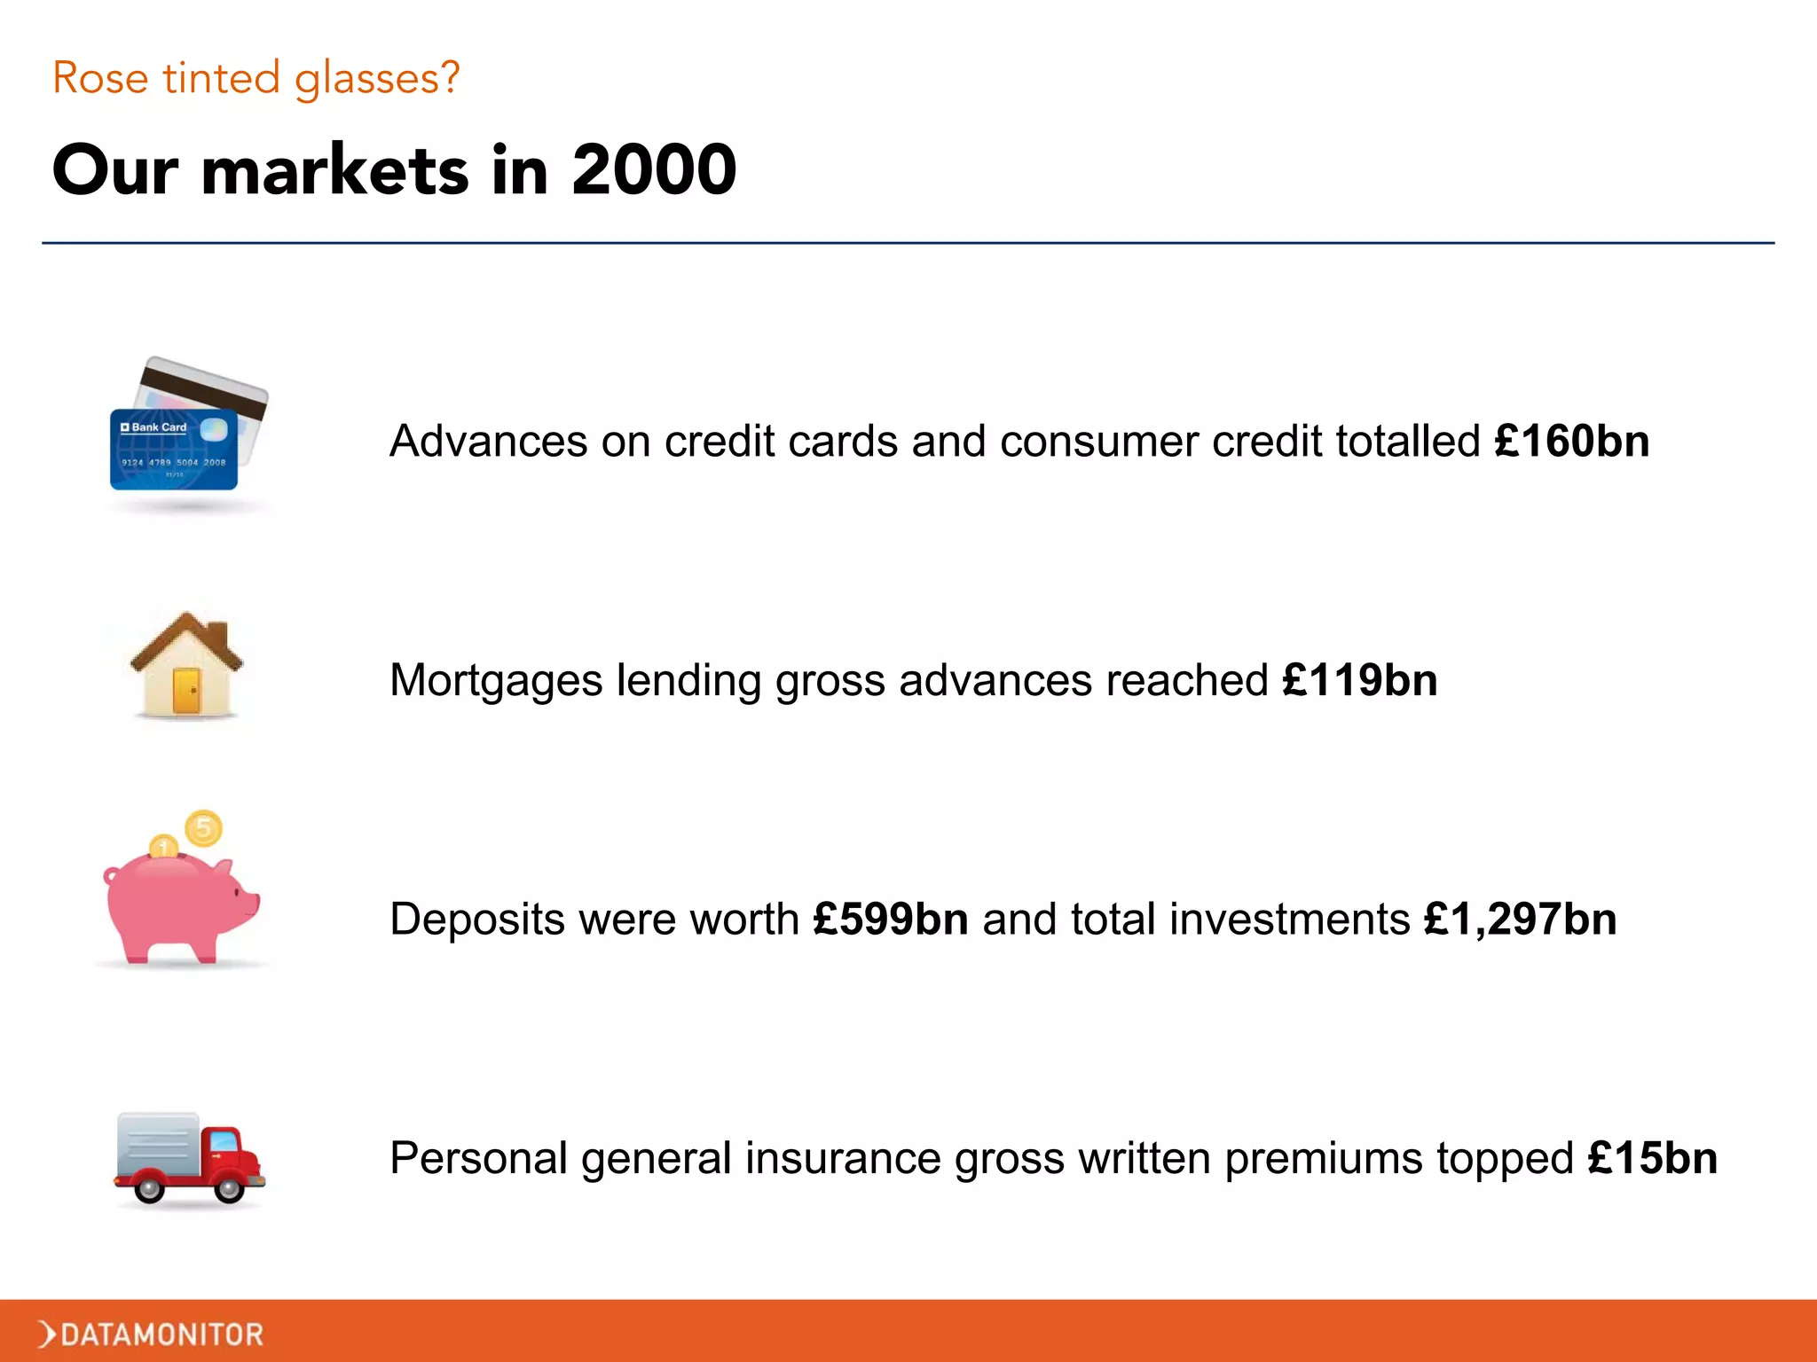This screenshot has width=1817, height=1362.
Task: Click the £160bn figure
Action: pyautogui.click(x=1571, y=441)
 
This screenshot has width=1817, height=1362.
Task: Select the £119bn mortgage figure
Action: pyautogui.click(x=1359, y=680)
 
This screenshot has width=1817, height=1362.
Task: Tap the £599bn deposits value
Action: pyautogui.click(x=890, y=919)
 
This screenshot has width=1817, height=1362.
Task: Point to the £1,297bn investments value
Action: pyautogui.click(x=1520, y=919)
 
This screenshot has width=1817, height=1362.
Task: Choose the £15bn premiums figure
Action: pyautogui.click(x=1652, y=1158)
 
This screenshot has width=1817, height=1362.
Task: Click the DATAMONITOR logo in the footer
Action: pyautogui.click(x=151, y=1334)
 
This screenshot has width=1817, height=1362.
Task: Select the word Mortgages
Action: pyautogui.click(x=496, y=681)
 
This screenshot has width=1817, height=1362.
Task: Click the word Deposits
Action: pyautogui.click(x=476, y=919)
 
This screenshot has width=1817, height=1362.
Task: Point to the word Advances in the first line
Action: pyautogui.click(x=488, y=441)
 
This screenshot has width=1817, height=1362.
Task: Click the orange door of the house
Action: pyautogui.click(x=186, y=692)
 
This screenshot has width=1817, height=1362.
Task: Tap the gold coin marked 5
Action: pyautogui.click(x=203, y=829)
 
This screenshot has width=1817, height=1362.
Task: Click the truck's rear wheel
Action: pyautogui.click(x=149, y=1187)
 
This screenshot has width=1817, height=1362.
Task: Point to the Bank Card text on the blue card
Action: pyautogui.click(x=158, y=427)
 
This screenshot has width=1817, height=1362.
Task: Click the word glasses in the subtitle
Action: pyautogui.click(x=376, y=78)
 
